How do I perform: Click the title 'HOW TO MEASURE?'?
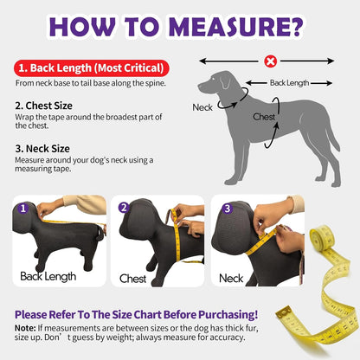[179, 27]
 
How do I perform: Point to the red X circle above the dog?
[271, 62]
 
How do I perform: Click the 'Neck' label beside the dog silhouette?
[202, 107]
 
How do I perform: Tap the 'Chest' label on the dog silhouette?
[264, 116]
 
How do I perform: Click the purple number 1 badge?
[23, 209]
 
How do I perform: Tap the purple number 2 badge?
[125, 209]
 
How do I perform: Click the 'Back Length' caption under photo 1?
[48, 277]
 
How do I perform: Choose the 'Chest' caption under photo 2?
[133, 279]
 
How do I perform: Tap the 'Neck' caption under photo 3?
[231, 279]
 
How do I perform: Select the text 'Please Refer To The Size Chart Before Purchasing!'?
[136, 313]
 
